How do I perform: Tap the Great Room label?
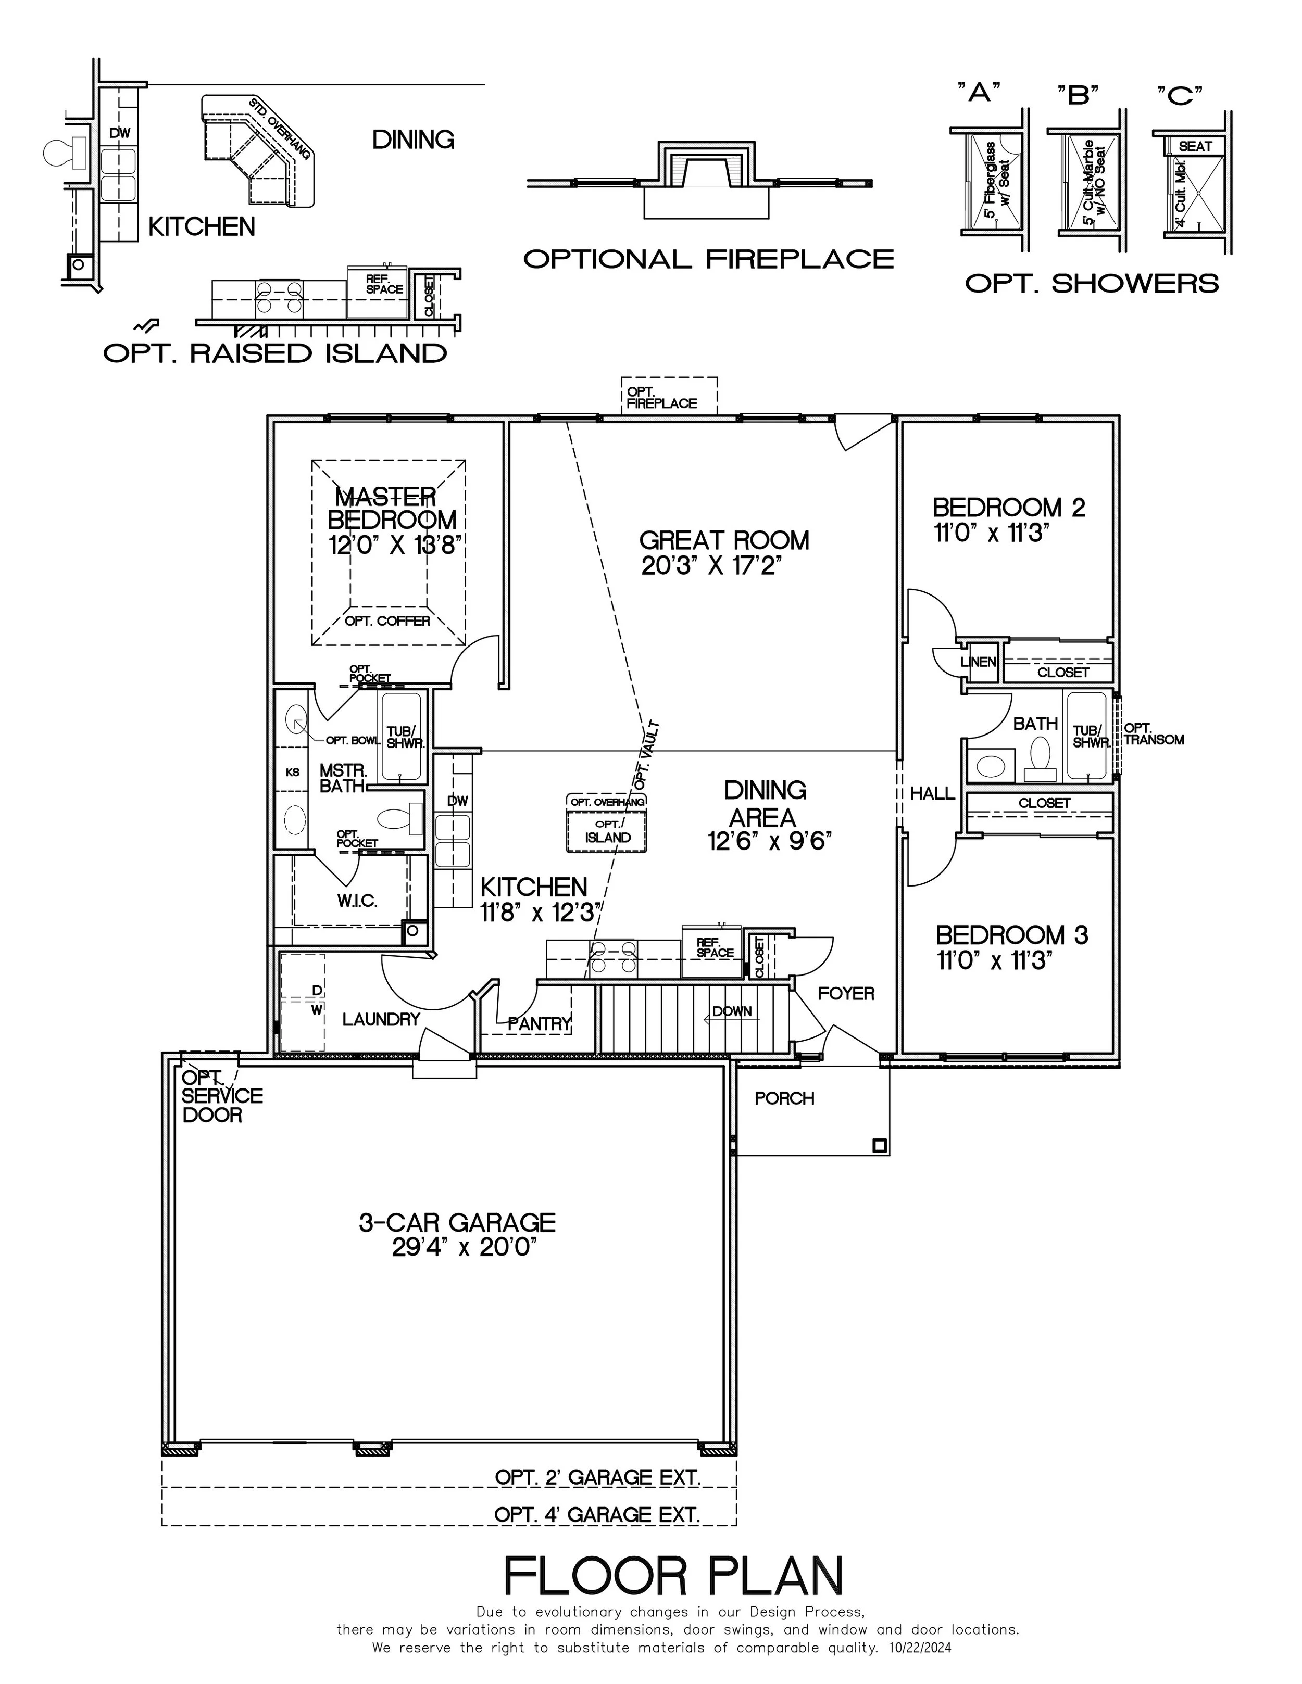click(723, 540)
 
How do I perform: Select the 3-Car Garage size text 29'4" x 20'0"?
click(464, 1247)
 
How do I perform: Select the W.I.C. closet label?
click(356, 901)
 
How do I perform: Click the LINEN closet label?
click(978, 662)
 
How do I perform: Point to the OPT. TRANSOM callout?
click(1153, 733)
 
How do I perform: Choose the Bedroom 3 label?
click(1011, 935)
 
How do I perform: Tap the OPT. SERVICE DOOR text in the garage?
click(221, 1096)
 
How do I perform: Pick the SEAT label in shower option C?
click(1195, 146)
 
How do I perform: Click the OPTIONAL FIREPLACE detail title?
click(707, 259)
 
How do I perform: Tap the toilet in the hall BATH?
click(1040, 757)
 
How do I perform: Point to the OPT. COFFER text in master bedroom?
click(387, 621)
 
